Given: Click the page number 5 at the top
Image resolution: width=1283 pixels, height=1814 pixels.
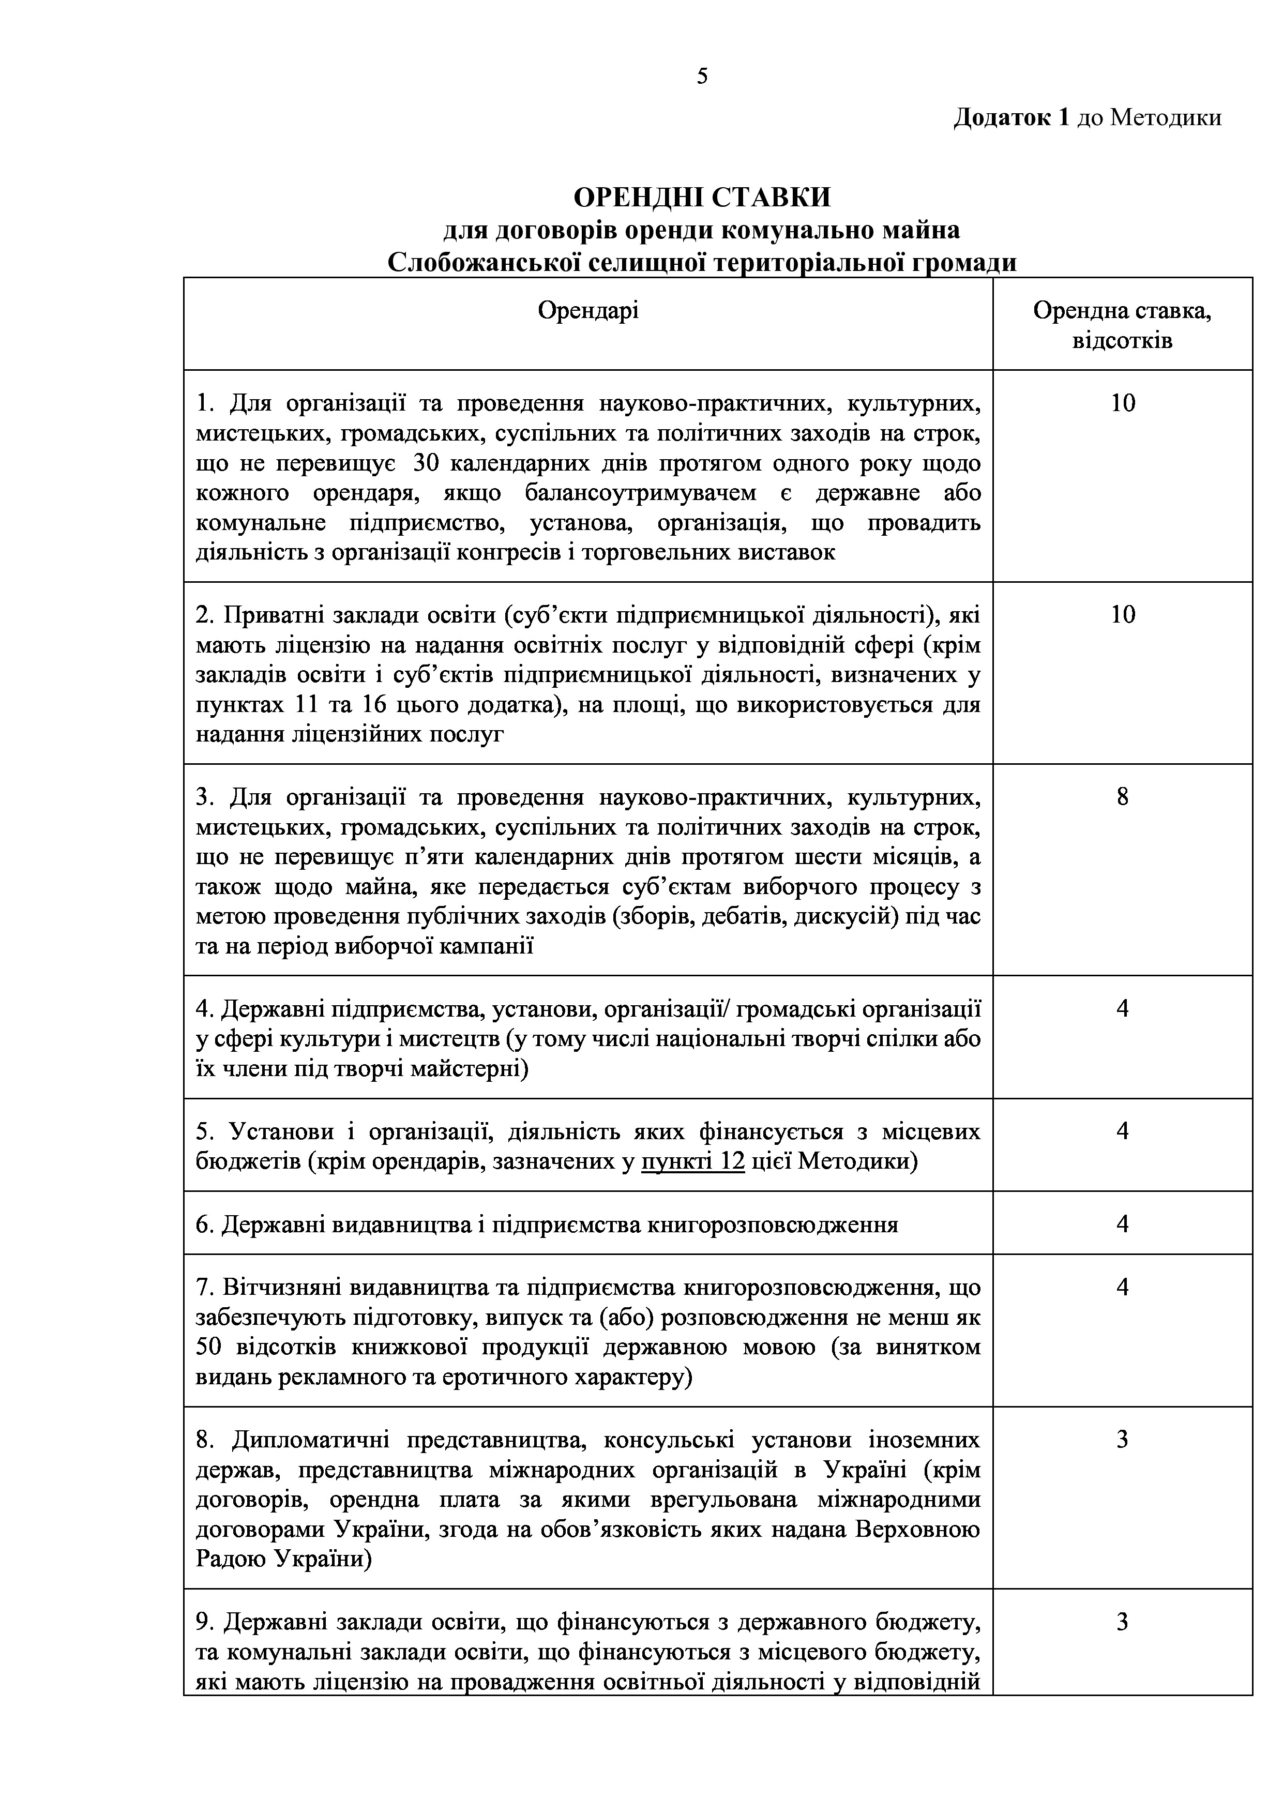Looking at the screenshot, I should point(702,77).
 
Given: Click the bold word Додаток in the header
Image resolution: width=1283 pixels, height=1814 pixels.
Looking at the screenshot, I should point(1002,118).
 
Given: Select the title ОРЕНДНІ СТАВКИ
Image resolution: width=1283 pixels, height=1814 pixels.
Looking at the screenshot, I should point(702,196).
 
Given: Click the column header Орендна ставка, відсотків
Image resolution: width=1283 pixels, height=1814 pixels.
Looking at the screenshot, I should point(1122,325).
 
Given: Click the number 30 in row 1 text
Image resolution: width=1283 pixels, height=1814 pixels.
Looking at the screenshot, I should point(426,464).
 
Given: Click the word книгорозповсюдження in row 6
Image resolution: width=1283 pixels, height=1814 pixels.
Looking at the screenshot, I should point(773,1225).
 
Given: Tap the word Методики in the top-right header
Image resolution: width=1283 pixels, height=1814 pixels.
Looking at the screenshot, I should point(1165,118).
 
